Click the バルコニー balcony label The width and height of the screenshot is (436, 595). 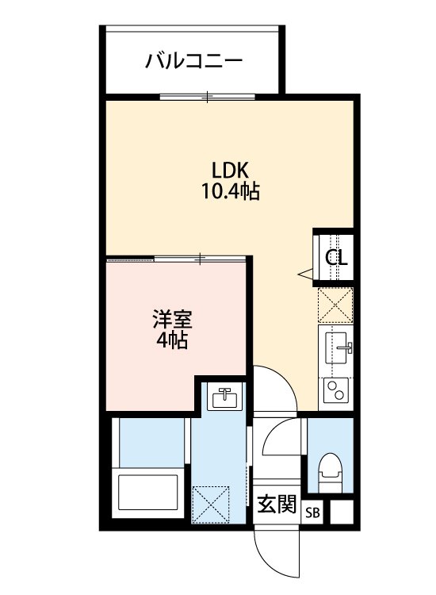(x=193, y=60)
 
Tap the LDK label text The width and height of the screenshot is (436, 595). (x=231, y=170)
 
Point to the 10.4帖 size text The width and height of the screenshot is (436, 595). (x=231, y=191)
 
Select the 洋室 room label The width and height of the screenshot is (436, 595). (x=171, y=322)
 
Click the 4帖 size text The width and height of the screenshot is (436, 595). (x=171, y=342)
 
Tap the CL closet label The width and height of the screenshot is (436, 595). (x=336, y=258)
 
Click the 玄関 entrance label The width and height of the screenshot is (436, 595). (x=277, y=505)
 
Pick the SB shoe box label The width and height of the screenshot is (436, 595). (x=314, y=512)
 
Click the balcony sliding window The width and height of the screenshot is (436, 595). (x=207, y=97)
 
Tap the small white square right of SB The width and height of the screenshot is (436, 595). (x=341, y=512)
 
